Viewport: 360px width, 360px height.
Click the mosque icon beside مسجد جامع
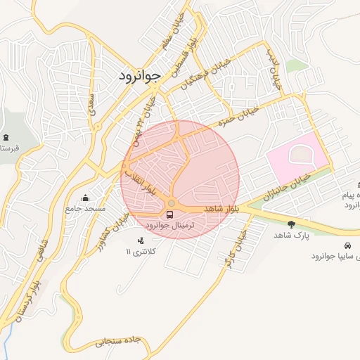tap(86, 198)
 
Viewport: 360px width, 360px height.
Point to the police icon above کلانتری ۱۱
tap(141, 240)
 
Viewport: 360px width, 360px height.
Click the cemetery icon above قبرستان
tap(6, 137)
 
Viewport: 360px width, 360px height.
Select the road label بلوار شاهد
tap(223, 209)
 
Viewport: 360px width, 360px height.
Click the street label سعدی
tap(91, 103)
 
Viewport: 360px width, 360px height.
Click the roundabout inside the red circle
tap(172, 203)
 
